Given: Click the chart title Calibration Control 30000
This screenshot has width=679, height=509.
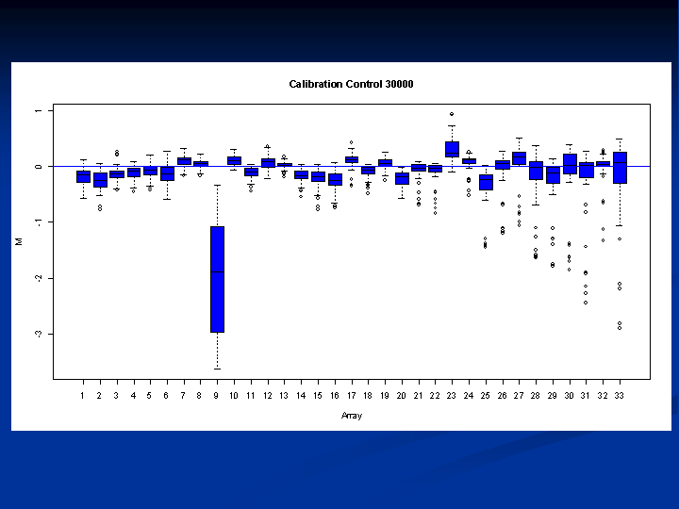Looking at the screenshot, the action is [x=351, y=84].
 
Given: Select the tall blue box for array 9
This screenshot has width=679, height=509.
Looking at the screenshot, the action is [x=218, y=279].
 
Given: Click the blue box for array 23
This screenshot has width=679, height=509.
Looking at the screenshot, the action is [x=452, y=149].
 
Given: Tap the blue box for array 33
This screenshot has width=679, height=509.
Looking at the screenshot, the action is [x=621, y=168].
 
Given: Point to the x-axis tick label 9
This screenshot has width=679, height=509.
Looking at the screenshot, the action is [x=216, y=396].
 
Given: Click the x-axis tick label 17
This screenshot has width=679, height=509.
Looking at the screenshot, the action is [x=351, y=396].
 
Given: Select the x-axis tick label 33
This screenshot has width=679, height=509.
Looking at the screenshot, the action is [x=620, y=396].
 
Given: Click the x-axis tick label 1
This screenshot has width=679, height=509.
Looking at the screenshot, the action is [x=82, y=396].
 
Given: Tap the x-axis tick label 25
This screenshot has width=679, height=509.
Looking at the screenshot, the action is [x=485, y=396].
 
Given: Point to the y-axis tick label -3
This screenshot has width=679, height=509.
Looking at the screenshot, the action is [x=39, y=334].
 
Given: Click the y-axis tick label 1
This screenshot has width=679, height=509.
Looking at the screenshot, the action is [x=39, y=111].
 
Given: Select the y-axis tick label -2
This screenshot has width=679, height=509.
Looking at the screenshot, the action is [x=39, y=278].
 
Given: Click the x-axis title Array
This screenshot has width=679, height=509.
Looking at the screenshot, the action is [x=351, y=416].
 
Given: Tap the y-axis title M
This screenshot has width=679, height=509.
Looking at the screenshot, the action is [x=19, y=241].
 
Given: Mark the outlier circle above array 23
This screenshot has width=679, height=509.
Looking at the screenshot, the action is [x=452, y=114].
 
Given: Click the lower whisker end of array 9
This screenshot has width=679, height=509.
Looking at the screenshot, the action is [x=218, y=369].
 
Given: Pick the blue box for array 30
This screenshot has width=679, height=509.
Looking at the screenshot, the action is [x=570, y=164].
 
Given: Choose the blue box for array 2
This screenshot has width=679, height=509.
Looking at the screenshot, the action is [x=101, y=180].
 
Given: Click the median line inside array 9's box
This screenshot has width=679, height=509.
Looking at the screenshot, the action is [x=218, y=271].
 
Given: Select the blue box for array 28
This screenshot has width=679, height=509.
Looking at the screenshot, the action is [x=536, y=171].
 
